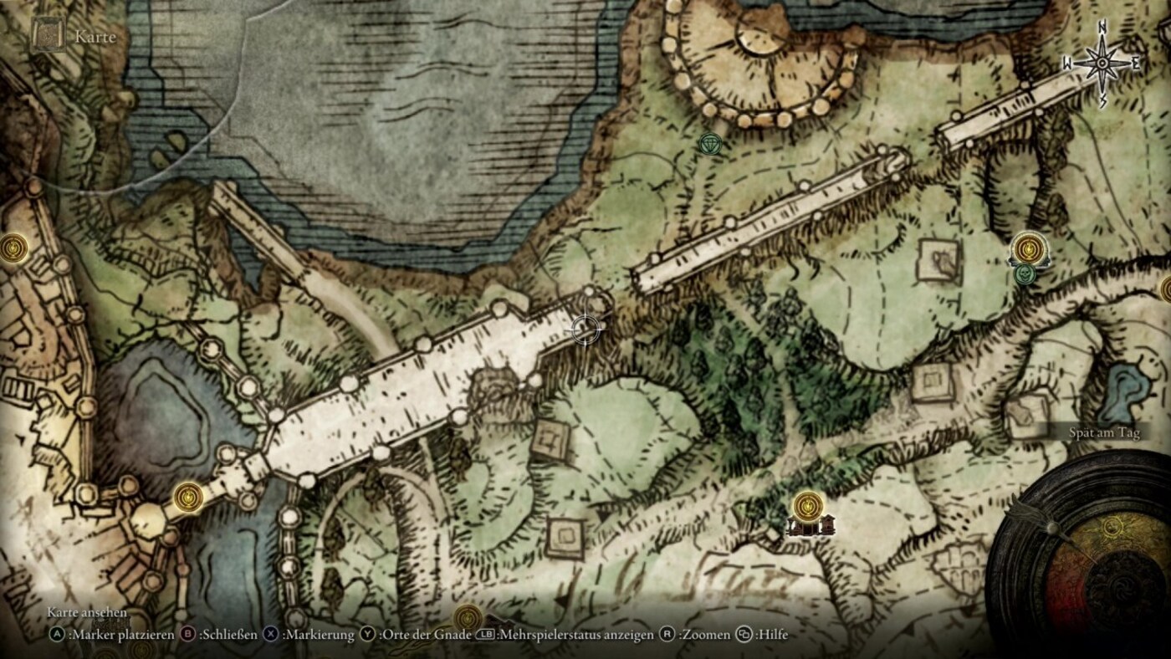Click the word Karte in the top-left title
(x=95, y=37)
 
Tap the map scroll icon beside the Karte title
(x=48, y=35)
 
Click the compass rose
(x=1102, y=64)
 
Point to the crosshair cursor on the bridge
(x=585, y=329)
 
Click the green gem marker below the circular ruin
(x=710, y=144)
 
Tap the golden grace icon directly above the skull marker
(x=1028, y=248)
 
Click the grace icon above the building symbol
(x=808, y=504)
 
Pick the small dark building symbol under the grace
(x=809, y=527)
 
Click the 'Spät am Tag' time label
(x=1104, y=432)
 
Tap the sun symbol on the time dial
(x=1112, y=526)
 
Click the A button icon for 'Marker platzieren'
(x=57, y=635)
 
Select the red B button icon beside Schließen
(x=188, y=635)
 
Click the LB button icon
(x=486, y=635)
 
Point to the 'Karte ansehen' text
(x=87, y=613)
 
